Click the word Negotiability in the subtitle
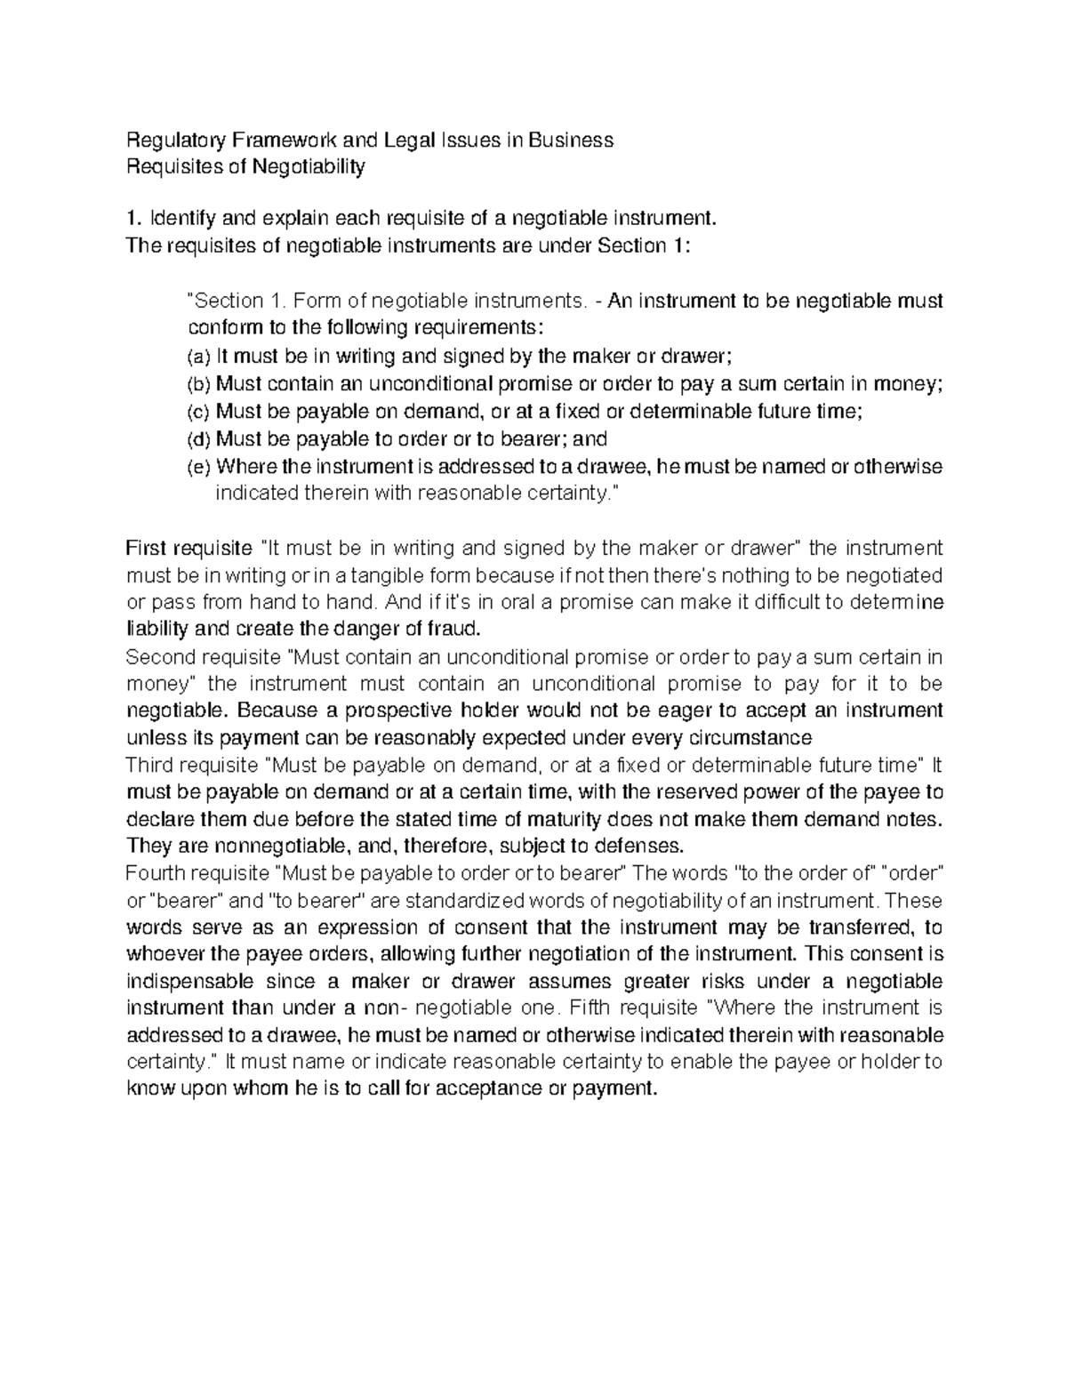(x=309, y=166)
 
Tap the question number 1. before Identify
(x=134, y=218)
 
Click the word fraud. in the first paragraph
(x=454, y=630)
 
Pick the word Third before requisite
(x=152, y=765)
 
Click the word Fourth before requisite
(x=156, y=873)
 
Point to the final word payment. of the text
(x=622, y=1089)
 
